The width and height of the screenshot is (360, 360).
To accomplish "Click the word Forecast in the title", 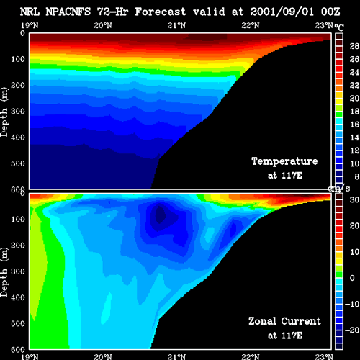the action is pyautogui.click(x=160, y=12).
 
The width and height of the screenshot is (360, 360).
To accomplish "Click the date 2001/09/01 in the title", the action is pyautogui.click(x=282, y=12).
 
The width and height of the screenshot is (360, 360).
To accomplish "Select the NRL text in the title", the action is pyautogui.click(x=30, y=12).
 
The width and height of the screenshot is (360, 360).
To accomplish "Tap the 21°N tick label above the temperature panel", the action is pyautogui.click(x=176, y=25).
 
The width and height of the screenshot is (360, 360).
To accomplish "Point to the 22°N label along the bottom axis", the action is pyautogui.click(x=251, y=356).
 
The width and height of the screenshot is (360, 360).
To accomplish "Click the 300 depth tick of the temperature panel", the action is pyautogui.click(x=18, y=112).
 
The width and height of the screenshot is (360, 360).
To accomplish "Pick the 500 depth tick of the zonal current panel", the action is pyautogui.click(x=18, y=323).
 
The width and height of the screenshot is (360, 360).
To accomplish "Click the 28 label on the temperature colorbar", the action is pyautogui.click(x=354, y=46).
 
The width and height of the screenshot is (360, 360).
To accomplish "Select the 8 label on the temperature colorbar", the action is pyautogui.click(x=356, y=176).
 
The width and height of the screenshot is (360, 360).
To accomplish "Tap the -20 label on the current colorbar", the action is pyautogui.click(x=352, y=330).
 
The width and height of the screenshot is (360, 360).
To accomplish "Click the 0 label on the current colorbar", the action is pyautogui.click(x=352, y=278).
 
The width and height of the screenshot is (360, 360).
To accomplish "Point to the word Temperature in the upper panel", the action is pyautogui.click(x=284, y=161).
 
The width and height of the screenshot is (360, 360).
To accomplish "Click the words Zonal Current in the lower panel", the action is pyautogui.click(x=284, y=321).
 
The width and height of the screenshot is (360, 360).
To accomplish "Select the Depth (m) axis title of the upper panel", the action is pyautogui.click(x=4, y=112).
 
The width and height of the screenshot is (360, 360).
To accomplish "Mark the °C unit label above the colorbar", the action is pyautogui.click(x=339, y=27).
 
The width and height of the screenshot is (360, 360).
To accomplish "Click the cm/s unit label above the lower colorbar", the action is pyautogui.click(x=339, y=189).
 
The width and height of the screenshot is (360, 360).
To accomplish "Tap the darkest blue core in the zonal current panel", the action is pyautogui.click(x=161, y=215).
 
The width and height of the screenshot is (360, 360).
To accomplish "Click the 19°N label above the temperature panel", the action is pyautogui.click(x=30, y=25).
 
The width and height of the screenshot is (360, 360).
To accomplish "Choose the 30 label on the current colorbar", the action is pyautogui.click(x=354, y=199).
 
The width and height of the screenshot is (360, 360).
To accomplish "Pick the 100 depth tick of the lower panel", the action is pyautogui.click(x=18, y=219).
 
